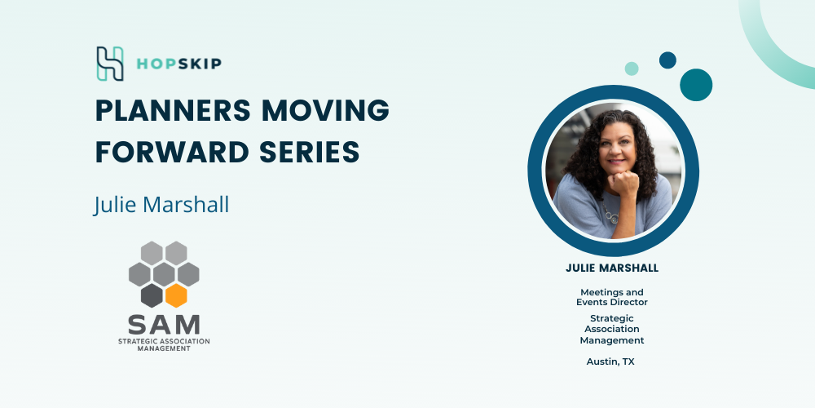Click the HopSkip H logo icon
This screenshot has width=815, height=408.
click(110, 64)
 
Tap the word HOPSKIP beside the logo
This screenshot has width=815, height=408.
click(178, 64)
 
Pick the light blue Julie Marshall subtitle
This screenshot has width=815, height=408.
click(161, 205)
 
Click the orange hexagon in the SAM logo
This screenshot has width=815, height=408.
click(176, 295)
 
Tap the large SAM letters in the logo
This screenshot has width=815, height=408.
click(164, 324)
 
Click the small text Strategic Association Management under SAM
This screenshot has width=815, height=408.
click(164, 344)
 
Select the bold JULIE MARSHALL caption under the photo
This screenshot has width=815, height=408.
click(612, 268)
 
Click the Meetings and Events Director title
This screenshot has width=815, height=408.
click(612, 297)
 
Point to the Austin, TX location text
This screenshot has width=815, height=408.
click(610, 361)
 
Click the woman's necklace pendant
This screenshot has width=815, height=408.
click(615, 218)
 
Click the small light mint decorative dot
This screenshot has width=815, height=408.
click(632, 69)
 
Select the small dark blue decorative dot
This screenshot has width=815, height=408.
click(668, 60)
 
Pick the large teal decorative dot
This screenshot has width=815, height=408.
click(696, 85)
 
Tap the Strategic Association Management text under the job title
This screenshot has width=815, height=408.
click(612, 329)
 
